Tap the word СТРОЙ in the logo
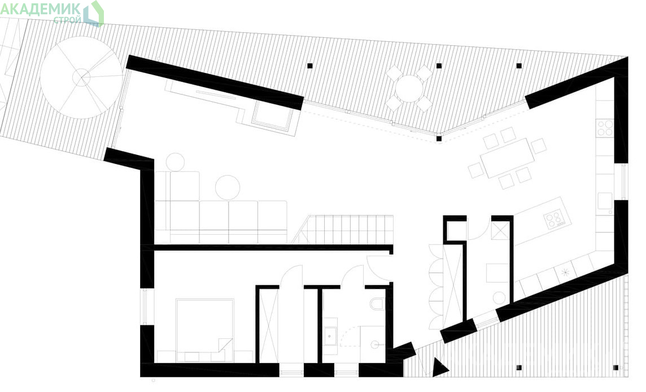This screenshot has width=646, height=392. click(x=67, y=19)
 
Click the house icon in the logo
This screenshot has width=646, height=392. click(x=94, y=14)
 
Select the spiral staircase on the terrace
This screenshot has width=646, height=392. click(x=81, y=77)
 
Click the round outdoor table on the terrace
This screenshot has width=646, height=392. click(x=409, y=88)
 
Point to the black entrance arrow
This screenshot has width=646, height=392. click(x=440, y=367)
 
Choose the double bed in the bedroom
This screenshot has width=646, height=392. click(x=204, y=326)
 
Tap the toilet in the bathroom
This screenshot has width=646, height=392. click(x=377, y=304)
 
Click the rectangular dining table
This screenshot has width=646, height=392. click(x=507, y=158)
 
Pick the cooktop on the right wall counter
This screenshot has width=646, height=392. click(x=604, y=127)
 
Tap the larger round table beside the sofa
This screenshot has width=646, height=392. click(x=228, y=187)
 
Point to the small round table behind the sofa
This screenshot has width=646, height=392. click(x=176, y=161)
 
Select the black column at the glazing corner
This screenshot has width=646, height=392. click(x=439, y=139)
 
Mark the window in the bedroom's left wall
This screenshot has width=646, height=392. click(x=145, y=306)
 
